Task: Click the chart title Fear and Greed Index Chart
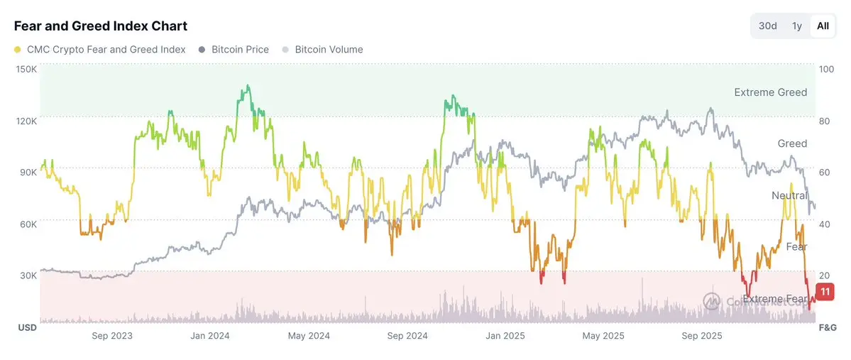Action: tap(101, 26)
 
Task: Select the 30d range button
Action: tap(767, 26)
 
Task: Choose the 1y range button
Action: tap(797, 26)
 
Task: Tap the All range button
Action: tap(823, 26)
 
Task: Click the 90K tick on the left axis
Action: tap(28, 173)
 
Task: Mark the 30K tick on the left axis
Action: tap(28, 276)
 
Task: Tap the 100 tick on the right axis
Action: tap(827, 69)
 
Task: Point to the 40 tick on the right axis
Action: tap(825, 224)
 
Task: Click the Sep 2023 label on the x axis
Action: tap(112, 336)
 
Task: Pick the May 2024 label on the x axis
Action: tap(309, 336)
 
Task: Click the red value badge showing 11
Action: tap(825, 291)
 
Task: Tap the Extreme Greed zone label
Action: tap(770, 92)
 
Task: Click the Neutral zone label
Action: tap(789, 195)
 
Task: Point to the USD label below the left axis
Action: tap(26, 327)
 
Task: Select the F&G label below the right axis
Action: tap(828, 327)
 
